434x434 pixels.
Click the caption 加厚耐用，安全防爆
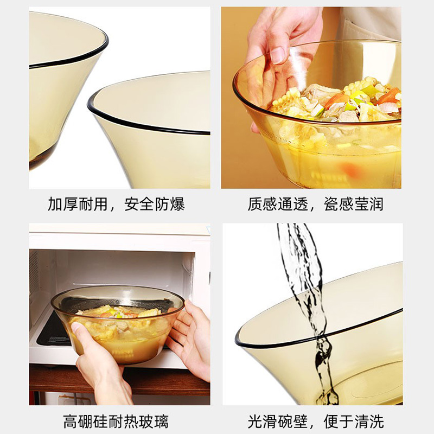pos(116,205)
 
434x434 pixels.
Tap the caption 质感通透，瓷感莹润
pos(315,205)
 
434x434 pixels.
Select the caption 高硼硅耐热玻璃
pos(116,422)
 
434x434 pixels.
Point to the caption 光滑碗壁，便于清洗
pos(316,422)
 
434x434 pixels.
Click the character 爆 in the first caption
pos(177,205)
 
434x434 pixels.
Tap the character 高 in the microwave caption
pos(71,422)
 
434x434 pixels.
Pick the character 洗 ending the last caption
pos(376,422)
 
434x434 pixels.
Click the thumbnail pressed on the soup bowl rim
pos(278,55)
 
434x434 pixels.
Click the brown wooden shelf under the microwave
pos(119,380)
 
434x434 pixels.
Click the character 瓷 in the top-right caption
pos(331,205)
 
